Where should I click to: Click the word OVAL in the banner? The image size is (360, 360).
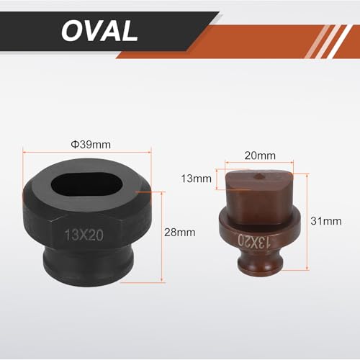point(99,31)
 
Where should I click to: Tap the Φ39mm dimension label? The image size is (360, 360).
point(91,145)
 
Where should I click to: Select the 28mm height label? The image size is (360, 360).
point(180,233)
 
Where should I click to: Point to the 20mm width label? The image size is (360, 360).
point(260,156)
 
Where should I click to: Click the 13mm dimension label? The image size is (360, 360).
point(196,179)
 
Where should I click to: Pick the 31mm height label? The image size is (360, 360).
point(326,221)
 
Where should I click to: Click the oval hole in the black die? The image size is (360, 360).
point(87,184)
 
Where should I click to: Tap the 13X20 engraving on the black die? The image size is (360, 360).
point(84,235)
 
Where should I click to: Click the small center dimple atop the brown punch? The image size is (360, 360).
point(258,176)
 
